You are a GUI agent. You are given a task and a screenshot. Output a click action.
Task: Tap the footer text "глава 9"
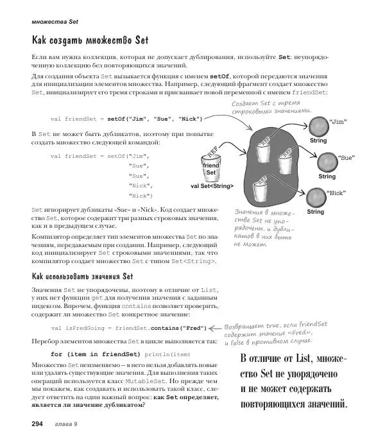tap(65, 424)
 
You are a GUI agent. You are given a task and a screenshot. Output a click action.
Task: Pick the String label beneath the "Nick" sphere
tap(315, 212)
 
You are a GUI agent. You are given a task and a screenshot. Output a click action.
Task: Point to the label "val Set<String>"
tap(212, 185)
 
